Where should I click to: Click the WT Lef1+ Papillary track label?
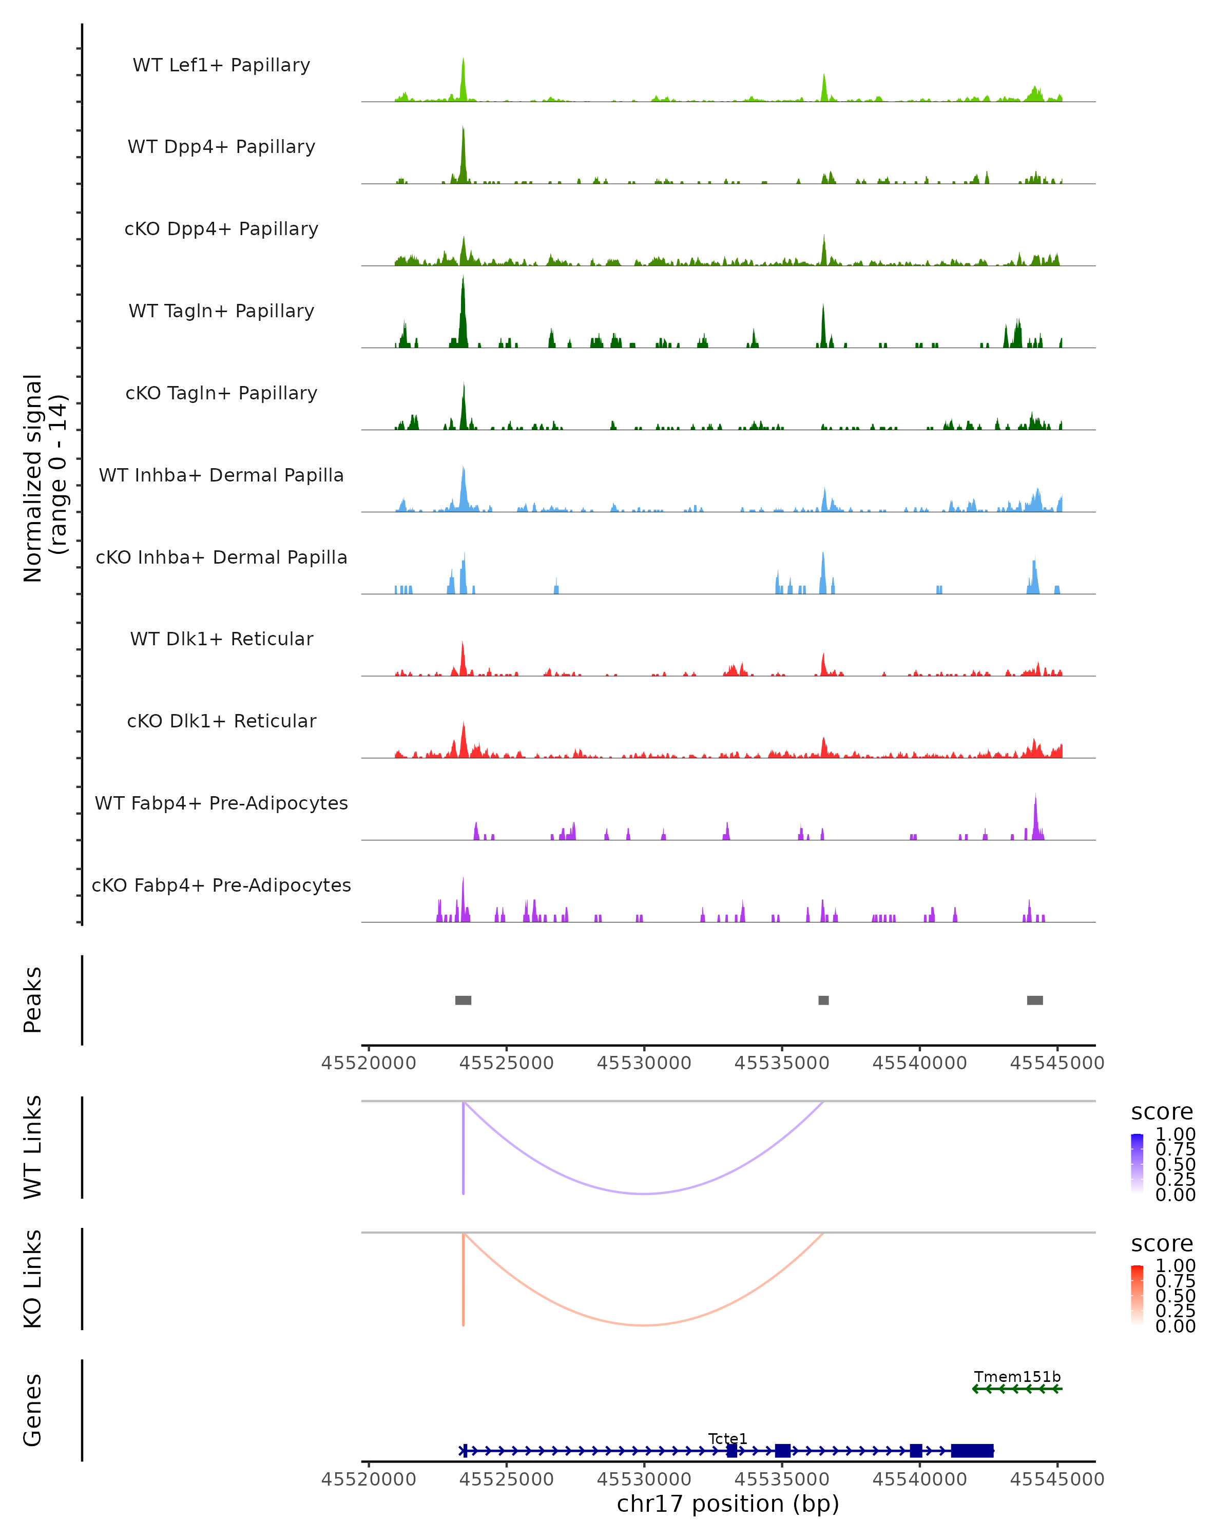tap(221, 65)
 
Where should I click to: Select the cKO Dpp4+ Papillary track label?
tap(221, 228)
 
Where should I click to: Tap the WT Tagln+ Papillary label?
tap(221, 311)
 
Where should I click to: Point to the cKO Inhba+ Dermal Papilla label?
tap(221, 557)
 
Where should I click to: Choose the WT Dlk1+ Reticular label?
tap(221, 639)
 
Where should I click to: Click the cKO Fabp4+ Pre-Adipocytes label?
tap(221, 885)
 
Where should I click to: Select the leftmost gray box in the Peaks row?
tap(463, 1000)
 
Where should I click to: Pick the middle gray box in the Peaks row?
tap(823, 1000)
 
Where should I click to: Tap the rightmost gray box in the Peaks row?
tap(1035, 1000)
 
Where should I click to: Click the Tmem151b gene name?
tap(1017, 1376)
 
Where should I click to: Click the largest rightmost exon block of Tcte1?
tap(972, 1451)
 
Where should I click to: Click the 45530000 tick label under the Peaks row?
tap(644, 1063)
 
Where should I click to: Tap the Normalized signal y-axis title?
tap(44, 478)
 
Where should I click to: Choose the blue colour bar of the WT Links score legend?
tap(1137, 1164)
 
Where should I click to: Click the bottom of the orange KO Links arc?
tap(644, 1325)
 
